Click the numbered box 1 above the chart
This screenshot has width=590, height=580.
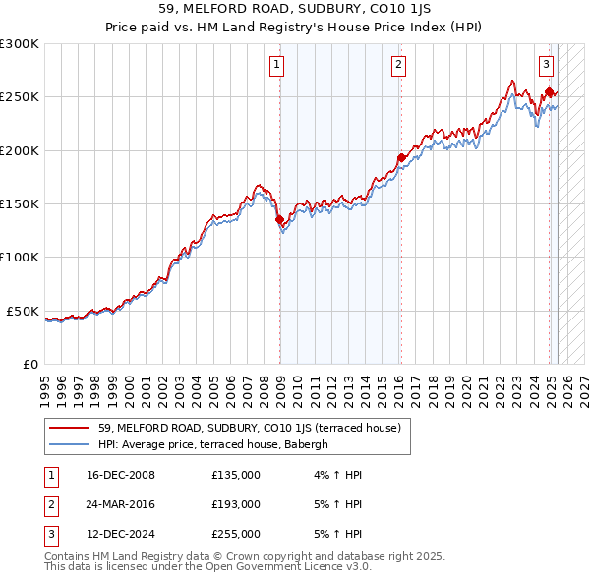(x=276, y=66)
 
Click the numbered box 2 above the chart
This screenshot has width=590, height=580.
(x=399, y=66)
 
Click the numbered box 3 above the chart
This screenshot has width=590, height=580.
(x=546, y=66)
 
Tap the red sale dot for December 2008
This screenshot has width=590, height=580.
(x=279, y=220)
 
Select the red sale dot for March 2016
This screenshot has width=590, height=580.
(x=401, y=158)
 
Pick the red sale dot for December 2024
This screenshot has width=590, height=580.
(x=549, y=93)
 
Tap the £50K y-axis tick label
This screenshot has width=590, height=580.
(x=24, y=311)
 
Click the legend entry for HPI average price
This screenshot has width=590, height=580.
(x=217, y=444)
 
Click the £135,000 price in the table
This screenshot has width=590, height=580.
(x=236, y=475)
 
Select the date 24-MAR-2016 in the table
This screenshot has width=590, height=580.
(x=121, y=504)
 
